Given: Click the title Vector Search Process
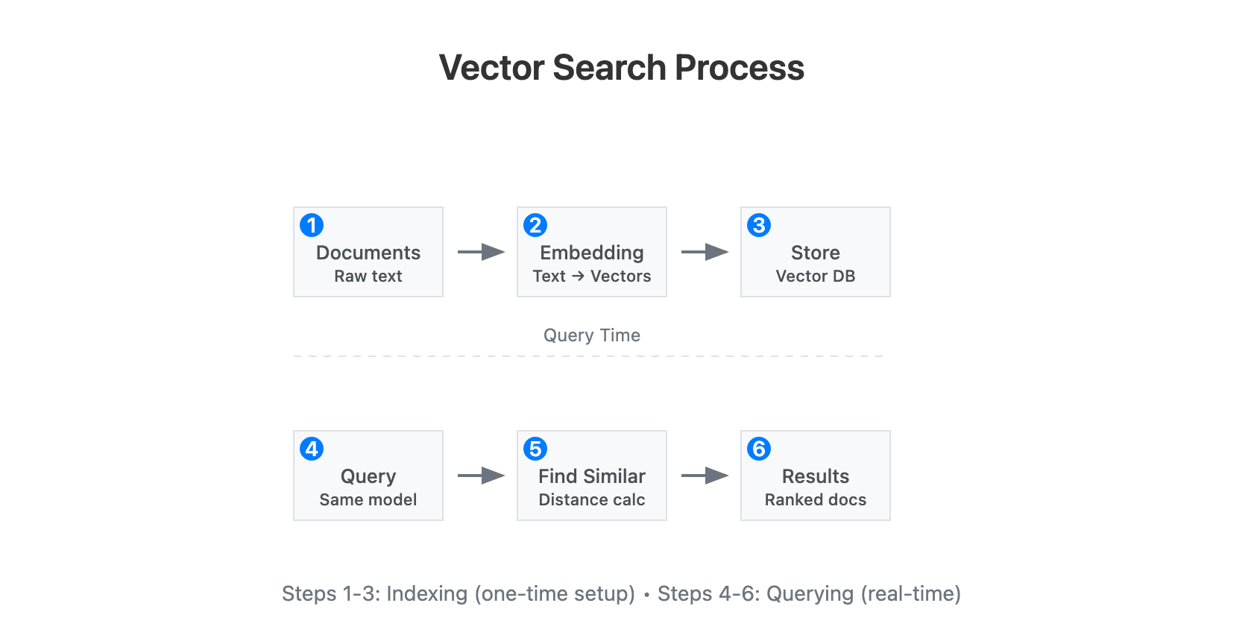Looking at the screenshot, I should (621, 68).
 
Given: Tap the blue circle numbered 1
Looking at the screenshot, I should (312, 225).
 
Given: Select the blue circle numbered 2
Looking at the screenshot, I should (535, 225).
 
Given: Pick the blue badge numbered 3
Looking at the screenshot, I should (759, 225).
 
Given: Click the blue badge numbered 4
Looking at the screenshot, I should (312, 449).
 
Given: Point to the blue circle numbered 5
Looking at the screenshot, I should (535, 449).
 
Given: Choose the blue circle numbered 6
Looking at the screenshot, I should (759, 449).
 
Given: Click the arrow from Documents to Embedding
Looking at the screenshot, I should (481, 252).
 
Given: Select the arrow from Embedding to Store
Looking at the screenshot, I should (705, 252).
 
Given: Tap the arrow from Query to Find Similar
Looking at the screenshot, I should (481, 476).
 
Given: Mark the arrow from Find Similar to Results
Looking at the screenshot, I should (705, 476).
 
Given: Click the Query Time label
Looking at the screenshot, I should (591, 335).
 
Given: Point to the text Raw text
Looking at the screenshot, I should (368, 277).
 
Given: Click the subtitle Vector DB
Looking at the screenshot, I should (815, 277).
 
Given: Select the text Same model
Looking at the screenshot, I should (368, 500).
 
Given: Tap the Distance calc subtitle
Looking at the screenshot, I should (592, 500).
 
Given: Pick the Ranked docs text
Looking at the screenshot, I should (815, 500).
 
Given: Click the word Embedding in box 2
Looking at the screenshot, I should (592, 253).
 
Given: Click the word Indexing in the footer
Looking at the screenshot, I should (426, 594).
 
